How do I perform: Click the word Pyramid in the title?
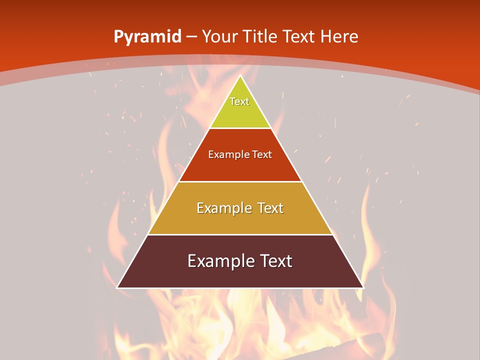(x=147, y=37)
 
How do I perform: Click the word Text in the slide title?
(x=299, y=36)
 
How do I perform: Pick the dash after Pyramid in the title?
(x=191, y=37)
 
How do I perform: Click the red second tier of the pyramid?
(x=240, y=167)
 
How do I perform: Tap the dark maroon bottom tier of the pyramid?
(x=240, y=275)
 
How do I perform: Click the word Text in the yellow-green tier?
(x=239, y=101)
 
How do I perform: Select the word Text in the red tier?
(x=262, y=154)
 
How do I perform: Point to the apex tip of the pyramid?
(x=240, y=76)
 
